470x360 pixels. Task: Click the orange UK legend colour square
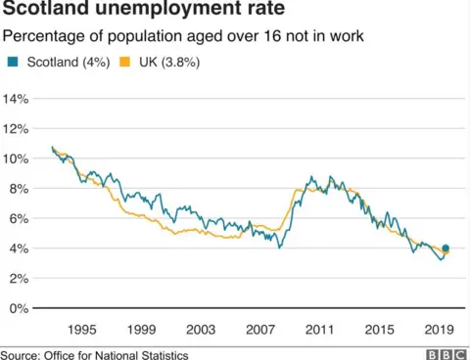click(x=122, y=63)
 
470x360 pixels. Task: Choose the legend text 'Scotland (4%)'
click(x=63, y=63)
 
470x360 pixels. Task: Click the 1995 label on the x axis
click(x=80, y=329)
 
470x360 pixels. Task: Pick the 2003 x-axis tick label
click(x=200, y=329)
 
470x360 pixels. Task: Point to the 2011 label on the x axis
click(x=319, y=329)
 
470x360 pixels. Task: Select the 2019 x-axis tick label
click(x=439, y=329)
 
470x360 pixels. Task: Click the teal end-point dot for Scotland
click(x=446, y=248)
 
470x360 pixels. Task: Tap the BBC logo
click(x=445, y=353)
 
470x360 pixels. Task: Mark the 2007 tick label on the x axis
click(x=259, y=329)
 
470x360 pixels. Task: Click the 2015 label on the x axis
click(x=379, y=329)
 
